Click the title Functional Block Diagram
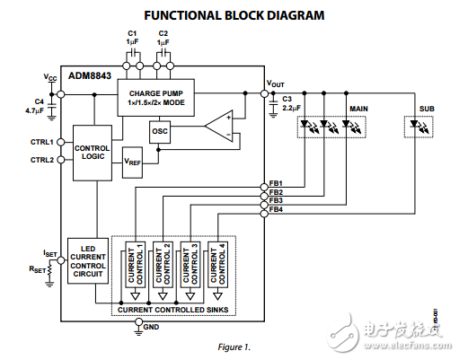(229, 15)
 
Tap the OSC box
(160, 131)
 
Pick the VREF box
(133, 162)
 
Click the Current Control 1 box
(135, 264)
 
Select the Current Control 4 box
(216, 264)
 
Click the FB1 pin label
(277, 183)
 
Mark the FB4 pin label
(277, 209)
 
